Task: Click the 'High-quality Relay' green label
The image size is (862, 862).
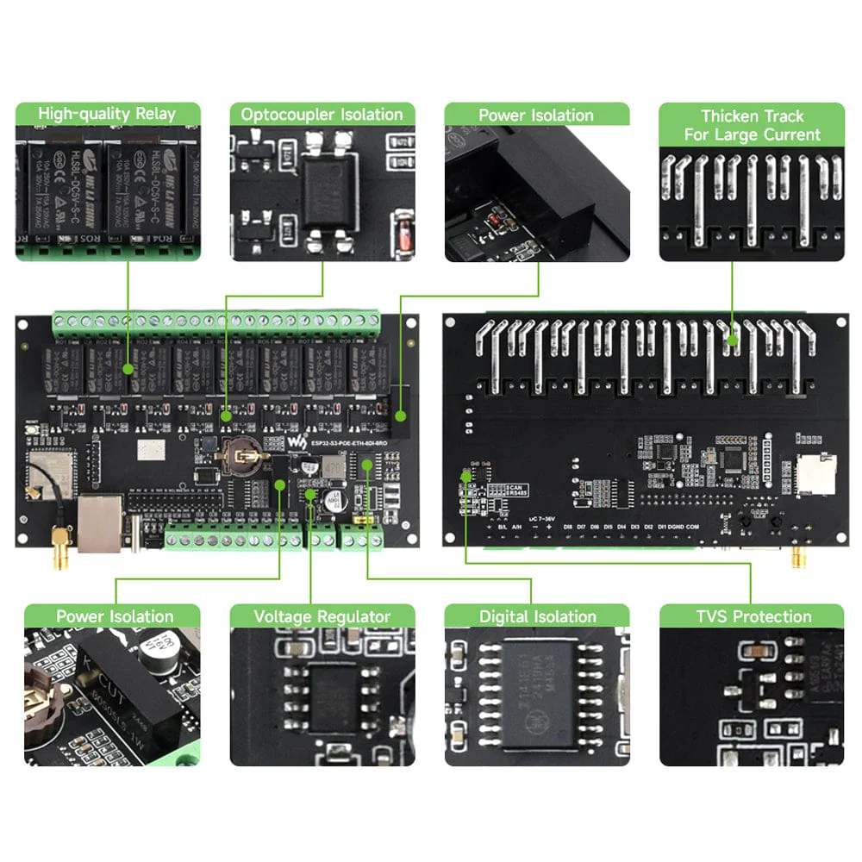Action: click(108, 114)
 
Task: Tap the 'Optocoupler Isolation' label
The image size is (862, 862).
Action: click(322, 114)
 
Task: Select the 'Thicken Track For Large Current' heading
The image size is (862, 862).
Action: click(752, 125)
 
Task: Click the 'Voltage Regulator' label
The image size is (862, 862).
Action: click(322, 616)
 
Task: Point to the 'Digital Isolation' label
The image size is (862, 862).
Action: click(537, 616)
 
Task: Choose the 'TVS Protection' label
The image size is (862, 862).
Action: click(753, 616)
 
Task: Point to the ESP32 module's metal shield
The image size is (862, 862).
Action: click(53, 469)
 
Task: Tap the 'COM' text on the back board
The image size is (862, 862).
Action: click(693, 526)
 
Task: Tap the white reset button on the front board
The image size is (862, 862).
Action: click(31, 434)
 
